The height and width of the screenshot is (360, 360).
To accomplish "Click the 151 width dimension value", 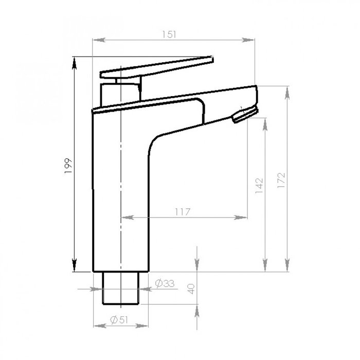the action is (x=169, y=34).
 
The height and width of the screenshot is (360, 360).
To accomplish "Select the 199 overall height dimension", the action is (x=68, y=166).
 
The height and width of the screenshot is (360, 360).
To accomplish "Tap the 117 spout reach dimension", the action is (x=183, y=212).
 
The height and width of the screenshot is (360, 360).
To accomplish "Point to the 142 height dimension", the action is (x=259, y=186).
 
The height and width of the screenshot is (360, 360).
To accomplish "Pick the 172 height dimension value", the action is (x=281, y=181).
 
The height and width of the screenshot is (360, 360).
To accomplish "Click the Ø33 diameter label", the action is (x=165, y=283).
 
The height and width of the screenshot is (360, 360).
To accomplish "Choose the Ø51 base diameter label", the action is (x=119, y=319).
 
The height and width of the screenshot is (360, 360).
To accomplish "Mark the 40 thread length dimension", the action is (x=191, y=289).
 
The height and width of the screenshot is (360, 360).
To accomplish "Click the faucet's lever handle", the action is (x=157, y=68).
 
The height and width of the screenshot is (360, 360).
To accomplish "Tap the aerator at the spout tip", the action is (x=245, y=114).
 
